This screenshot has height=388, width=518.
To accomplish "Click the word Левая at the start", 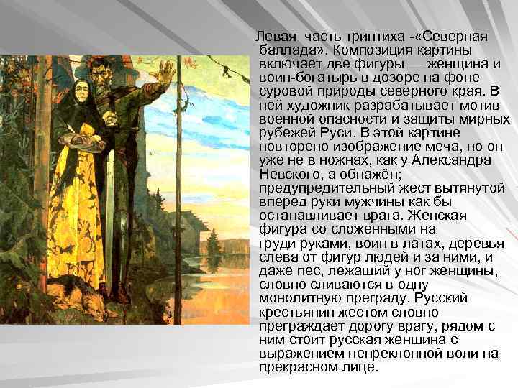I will coord(276,37).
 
